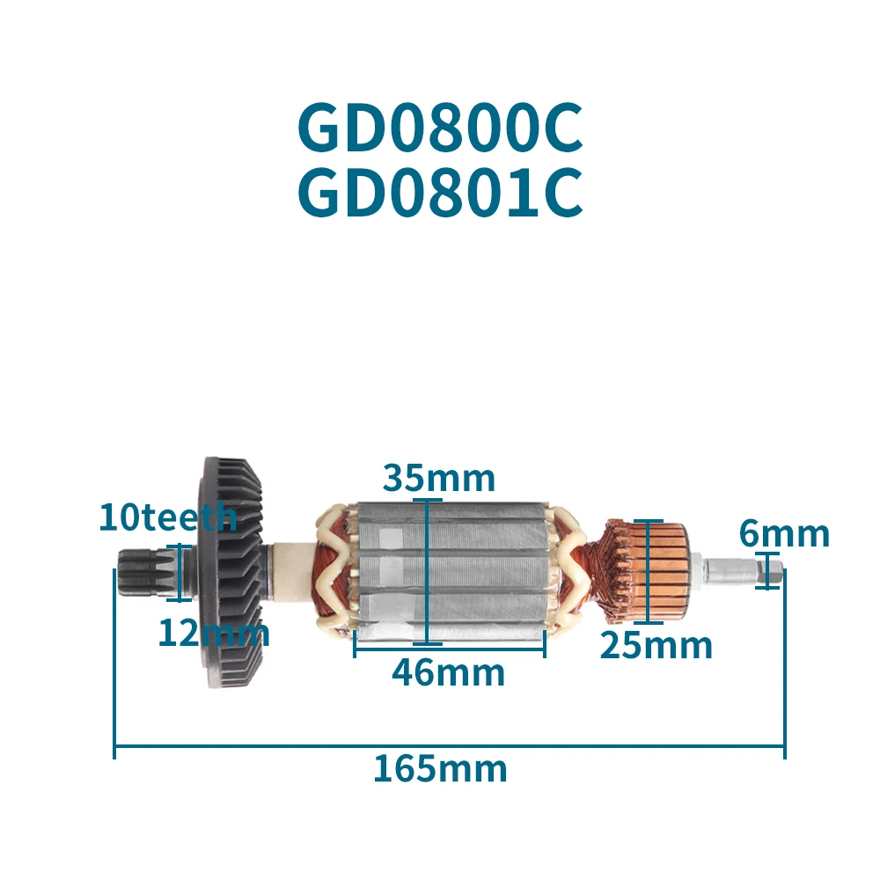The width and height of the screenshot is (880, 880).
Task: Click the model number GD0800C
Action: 440,128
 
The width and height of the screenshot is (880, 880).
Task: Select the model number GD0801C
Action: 440,195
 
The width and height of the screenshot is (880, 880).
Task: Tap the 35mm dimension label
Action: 438,479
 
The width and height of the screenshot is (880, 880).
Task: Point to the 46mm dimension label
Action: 449,673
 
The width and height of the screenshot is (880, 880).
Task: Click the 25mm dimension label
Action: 656,646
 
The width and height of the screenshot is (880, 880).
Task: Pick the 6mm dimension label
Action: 784,533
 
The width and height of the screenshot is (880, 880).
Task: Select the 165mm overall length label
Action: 440,769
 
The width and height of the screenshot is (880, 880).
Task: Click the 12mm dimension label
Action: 213,633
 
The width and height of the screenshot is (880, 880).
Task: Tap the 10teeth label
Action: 167,517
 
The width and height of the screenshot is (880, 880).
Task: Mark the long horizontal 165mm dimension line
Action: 449,749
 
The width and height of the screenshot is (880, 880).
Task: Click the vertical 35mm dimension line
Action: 427,572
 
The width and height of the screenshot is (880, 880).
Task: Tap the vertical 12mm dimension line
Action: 179,572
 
